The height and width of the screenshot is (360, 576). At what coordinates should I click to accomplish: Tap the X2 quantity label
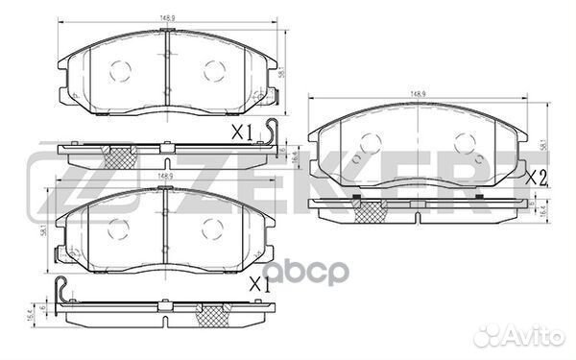tap(536, 177)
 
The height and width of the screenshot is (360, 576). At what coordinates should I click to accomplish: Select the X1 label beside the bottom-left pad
tap(258, 284)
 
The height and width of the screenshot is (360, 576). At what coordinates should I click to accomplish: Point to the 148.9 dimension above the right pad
tap(418, 94)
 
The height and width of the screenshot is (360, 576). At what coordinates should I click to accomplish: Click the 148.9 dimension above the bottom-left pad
tap(165, 178)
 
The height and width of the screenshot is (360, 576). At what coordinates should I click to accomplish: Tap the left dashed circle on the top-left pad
tap(120, 69)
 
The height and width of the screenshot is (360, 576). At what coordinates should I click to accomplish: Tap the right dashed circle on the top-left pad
tap(212, 69)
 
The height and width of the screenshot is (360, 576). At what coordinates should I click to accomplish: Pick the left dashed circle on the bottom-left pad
tap(118, 228)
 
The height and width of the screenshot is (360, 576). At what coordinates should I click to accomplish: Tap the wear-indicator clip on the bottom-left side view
tap(61, 289)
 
